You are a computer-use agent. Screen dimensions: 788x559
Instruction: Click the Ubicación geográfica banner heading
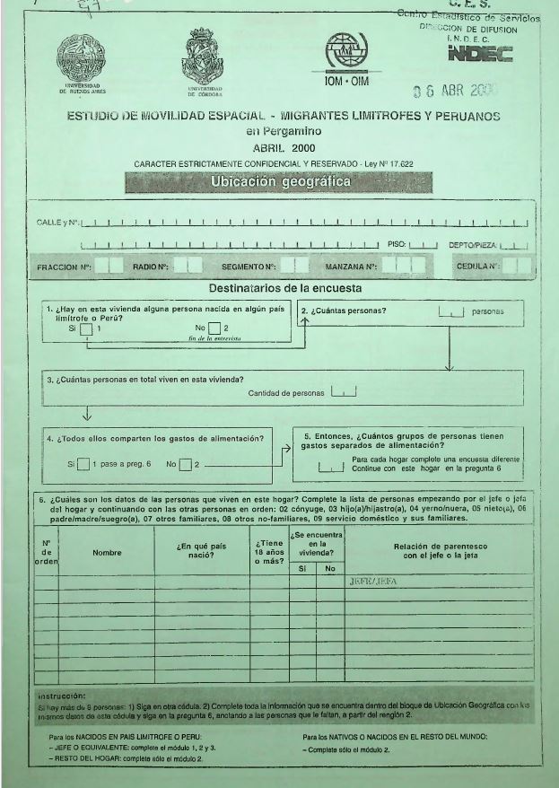click(280, 181)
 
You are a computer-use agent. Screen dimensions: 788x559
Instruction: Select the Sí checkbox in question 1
click(86, 328)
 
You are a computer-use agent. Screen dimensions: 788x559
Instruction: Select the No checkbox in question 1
click(214, 328)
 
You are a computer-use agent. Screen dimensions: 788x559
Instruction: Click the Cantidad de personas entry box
click(344, 392)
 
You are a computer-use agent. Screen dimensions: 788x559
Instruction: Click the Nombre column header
click(106, 553)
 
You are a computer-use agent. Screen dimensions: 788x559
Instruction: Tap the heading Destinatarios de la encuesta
click(284, 289)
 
